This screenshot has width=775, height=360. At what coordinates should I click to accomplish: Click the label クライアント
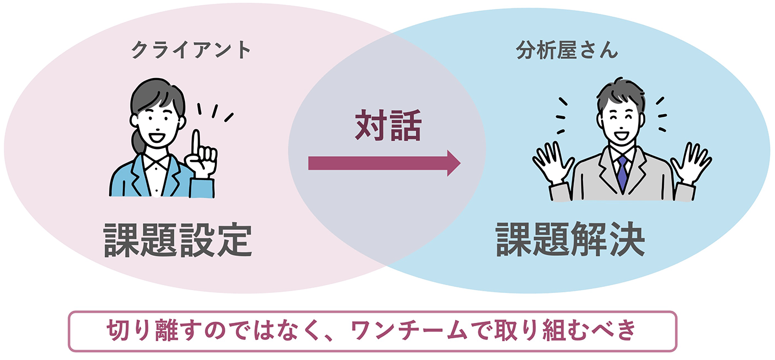click(191, 51)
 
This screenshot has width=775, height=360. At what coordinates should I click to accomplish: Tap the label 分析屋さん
click(566, 52)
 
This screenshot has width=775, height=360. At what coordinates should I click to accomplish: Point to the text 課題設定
click(178, 240)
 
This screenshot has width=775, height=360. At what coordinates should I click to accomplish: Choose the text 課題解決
click(570, 239)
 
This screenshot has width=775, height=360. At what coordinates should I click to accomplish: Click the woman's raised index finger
click(196, 142)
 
